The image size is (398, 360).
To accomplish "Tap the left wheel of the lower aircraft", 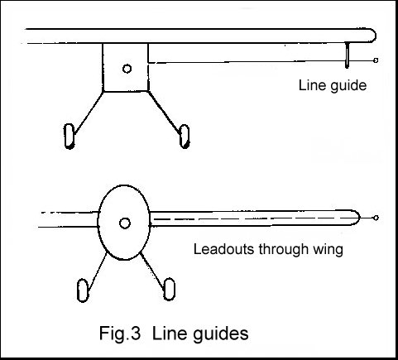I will click(82, 290).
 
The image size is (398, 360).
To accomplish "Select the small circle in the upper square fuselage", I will click(126, 68).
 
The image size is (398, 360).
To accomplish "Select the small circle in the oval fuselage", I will click(124, 223).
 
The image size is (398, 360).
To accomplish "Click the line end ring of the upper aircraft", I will click(377, 60).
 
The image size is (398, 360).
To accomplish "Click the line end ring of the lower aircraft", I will click(377, 218).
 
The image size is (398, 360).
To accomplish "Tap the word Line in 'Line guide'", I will click(311, 84).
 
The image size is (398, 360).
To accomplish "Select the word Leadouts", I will click(220, 248).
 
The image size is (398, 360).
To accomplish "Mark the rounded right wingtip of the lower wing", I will click(354, 218).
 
